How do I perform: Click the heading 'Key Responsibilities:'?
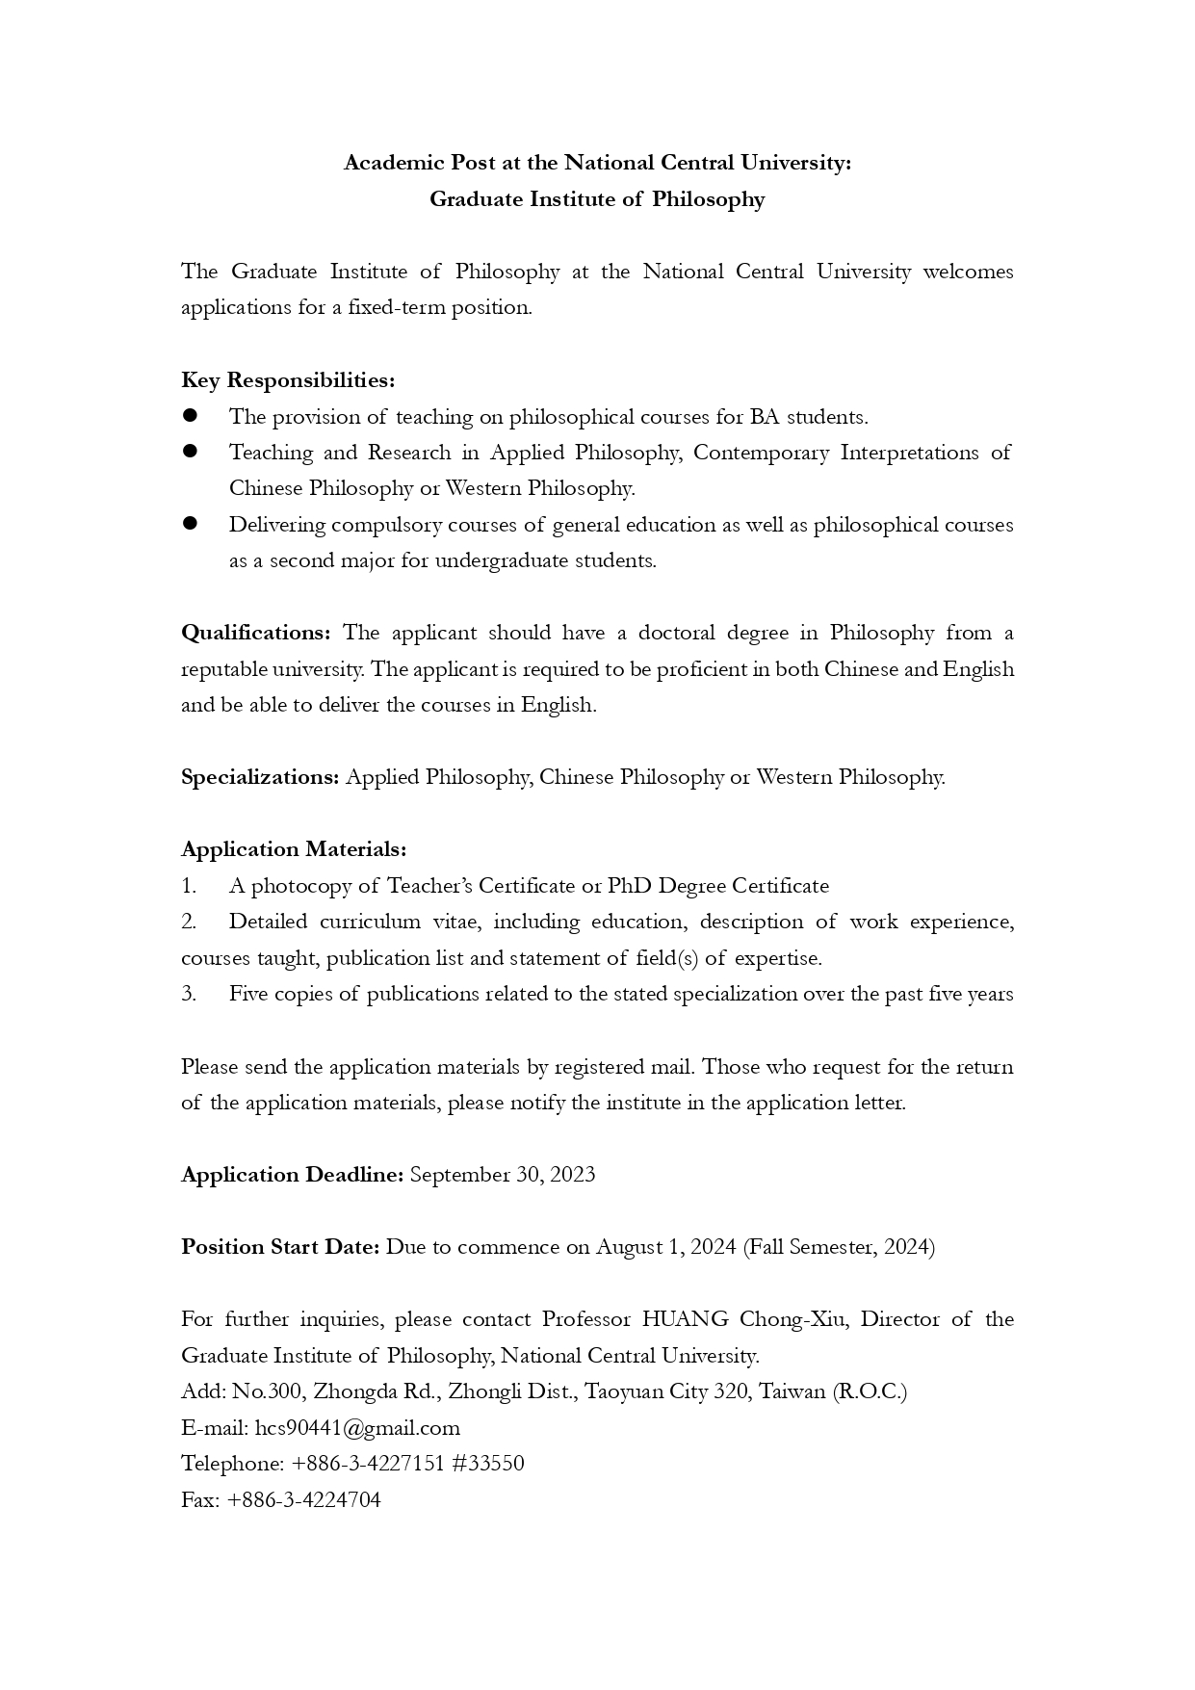click(288, 380)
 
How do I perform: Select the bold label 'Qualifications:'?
click(256, 633)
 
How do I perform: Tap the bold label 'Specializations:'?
click(260, 777)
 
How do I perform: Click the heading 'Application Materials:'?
click(294, 849)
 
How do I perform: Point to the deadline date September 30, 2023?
click(503, 1175)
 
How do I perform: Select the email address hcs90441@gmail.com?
click(357, 1428)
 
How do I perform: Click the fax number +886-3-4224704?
click(304, 1500)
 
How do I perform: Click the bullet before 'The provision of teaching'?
click(190, 416)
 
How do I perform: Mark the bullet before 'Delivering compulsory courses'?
click(190, 524)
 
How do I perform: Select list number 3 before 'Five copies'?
click(189, 994)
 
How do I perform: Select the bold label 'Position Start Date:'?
click(281, 1247)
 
